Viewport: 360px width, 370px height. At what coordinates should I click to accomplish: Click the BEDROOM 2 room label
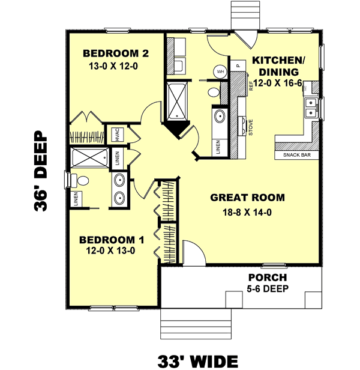coord(116,53)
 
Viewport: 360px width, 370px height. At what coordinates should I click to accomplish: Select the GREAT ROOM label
coord(247,198)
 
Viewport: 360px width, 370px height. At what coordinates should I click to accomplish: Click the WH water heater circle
coord(220,71)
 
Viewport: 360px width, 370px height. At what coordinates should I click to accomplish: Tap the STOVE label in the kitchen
coord(250,127)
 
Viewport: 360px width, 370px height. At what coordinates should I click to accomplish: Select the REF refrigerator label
coord(251,86)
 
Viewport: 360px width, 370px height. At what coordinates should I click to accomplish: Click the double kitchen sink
coord(311,108)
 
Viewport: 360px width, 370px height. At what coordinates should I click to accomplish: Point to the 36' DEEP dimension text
coord(41,172)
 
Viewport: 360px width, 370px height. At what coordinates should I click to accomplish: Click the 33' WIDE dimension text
coord(197,360)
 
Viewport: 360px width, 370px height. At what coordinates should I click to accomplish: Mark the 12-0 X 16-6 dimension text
coord(278,82)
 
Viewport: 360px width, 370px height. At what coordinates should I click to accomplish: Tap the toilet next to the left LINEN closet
coord(82,179)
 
